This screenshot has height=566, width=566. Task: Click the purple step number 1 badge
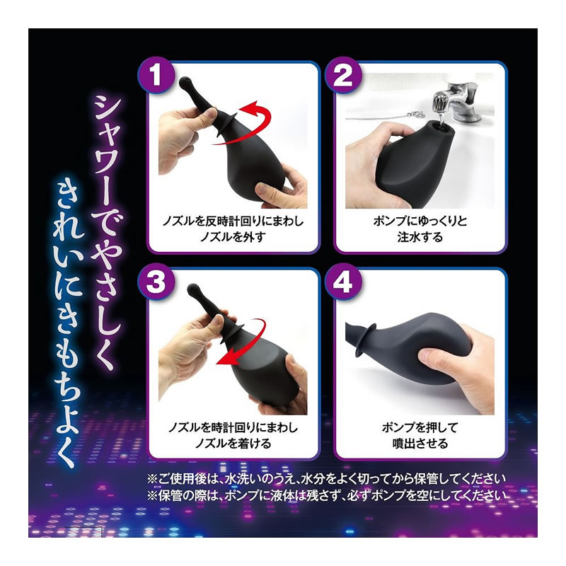coord(156,75)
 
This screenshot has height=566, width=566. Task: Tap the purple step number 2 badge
coord(342,75)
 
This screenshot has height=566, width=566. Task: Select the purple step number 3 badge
coord(156,282)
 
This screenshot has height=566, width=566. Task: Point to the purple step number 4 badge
coord(342,282)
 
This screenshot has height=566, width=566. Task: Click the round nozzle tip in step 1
coord(185,83)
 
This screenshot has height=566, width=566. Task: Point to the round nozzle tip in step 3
coord(193,290)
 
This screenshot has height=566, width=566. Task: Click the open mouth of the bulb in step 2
coord(436,128)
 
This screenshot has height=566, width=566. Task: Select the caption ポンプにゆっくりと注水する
coord(420,229)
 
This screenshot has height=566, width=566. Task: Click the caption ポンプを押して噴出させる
coord(420,435)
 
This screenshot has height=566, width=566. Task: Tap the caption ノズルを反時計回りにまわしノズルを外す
coord(233,229)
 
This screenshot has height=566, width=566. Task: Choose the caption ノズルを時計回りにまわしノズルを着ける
coord(233,435)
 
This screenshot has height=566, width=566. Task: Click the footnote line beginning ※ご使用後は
coord(326,479)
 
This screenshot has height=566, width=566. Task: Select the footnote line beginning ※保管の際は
coord(326,495)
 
